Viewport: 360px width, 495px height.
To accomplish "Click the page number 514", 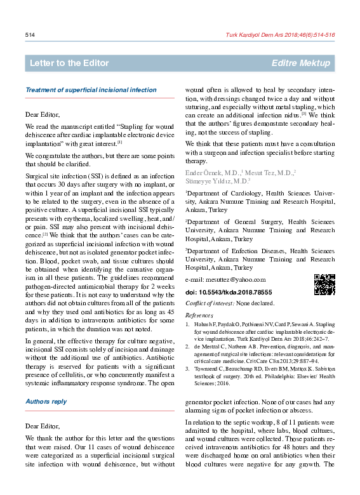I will [x=29, y=34].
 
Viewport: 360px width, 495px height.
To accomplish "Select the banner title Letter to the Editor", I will [x=69, y=63].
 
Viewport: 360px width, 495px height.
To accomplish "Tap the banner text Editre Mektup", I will [x=300, y=63].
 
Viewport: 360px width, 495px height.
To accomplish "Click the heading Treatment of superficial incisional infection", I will [x=90, y=90].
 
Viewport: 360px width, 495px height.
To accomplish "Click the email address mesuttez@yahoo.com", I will [x=225, y=280].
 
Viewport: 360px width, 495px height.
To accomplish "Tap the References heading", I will [x=199, y=315].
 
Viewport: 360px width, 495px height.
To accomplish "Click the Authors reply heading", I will [x=46, y=402].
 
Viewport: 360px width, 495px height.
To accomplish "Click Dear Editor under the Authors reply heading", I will [x=43, y=426].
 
